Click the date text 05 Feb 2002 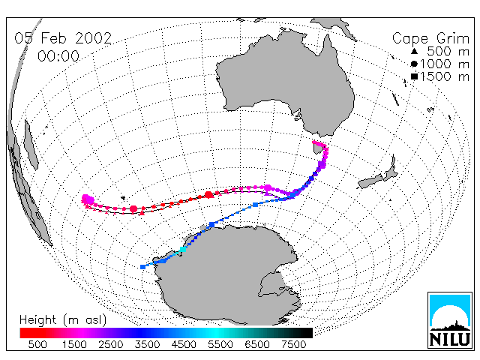pyautogui.click(x=63, y=38)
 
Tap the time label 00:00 pyautogui.click(x=58, y=56)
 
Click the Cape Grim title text pyautogui.click(x=430, y=39)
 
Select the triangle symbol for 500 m pyautogui.click(x=414, y=51)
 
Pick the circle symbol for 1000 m pyautogui.click(x=414, y=64)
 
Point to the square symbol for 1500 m pyautogui.click(x=414, y=76)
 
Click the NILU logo pyautogui.click(x=450, y=320)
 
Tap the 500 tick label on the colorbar pyautogui.click(x=37, y=345)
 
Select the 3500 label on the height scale pyautogui.click(x=147, y=345)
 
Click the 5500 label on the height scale pyautogui.click(x=220, y=345)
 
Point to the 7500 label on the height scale pyautogui.click(x=293, y=345)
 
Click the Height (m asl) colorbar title pyautogui.click(x=63, y=320)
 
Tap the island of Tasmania pyautogui.click(x=317, y=148)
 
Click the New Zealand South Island pyautogui.click(x=370, y=181)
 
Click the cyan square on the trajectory pyautogui.click(x=182, y=249)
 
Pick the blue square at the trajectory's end pyautogui.click(x=142, y=267)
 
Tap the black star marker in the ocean pyautogui.click(x=123, y=198)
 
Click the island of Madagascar pyautogui.click(x=31, y=145)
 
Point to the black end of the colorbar pyautogui.click(x=304, y=333)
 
